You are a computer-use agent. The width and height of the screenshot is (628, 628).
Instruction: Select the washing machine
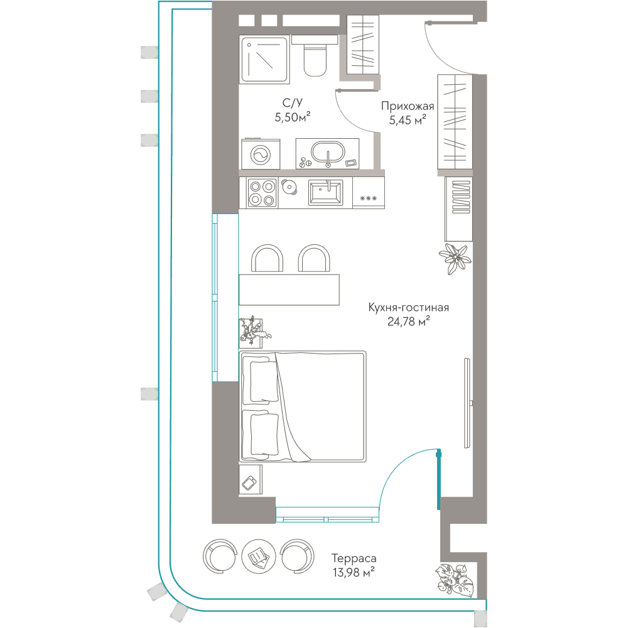[261, 154]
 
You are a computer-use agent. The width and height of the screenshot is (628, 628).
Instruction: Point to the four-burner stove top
[263, 193]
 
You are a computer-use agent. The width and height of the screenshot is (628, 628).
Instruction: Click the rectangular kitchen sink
[325, 193]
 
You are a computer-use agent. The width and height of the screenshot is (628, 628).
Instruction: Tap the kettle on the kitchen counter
[289, 187]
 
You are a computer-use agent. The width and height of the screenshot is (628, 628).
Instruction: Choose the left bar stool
[267, 259]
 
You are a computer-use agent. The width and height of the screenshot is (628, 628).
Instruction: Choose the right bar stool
[314, 259]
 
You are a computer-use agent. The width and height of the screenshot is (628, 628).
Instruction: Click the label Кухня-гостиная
[409, 308]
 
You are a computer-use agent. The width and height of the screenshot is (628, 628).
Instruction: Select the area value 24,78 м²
[409, 321]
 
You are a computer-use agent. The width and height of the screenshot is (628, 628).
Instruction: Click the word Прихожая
[408, 106]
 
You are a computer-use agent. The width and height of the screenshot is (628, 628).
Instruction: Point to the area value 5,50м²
[293, 117]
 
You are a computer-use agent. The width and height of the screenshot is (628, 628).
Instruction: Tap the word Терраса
[354, 558]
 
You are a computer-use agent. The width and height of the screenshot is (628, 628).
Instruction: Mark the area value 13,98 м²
[354, 572]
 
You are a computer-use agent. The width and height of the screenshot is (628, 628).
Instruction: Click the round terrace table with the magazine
[258, 557]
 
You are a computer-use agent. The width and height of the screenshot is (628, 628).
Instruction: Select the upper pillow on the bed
[264, 381]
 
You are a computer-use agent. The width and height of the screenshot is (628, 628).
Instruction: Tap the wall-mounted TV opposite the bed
[467, 403]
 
